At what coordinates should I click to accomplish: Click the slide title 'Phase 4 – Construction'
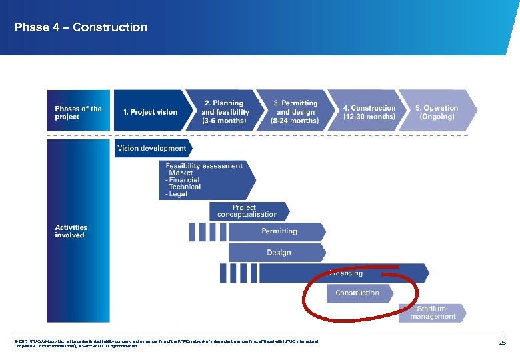tap(81, 27)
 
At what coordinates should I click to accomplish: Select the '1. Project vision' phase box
tap(150, 112)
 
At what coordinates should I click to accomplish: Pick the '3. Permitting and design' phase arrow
tap(295, 112)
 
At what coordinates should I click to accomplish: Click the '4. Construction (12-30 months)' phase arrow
tap(369, 112)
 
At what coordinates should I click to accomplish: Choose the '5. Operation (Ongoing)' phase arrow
tap(437, 112)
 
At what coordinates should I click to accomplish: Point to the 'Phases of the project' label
tap(78, 113)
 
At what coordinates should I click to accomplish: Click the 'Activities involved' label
tap(71, 231)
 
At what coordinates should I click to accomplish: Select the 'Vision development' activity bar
tap(152, 148)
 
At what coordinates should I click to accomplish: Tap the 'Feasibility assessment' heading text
tap(204, 165)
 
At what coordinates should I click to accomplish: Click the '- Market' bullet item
tap(179, 173)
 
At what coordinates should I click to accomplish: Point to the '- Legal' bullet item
tap(177, 194)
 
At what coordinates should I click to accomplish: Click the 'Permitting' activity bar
tap(279, 231)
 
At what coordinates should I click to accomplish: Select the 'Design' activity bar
tap(279, 253)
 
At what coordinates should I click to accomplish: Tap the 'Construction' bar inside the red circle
tap(357, 293)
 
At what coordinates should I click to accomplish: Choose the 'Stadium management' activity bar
tap(432, 313)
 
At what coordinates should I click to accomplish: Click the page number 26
tap(503, 343)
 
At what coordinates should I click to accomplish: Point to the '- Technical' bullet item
tap(183, 187)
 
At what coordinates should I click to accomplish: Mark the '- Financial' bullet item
tap(183, 180)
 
